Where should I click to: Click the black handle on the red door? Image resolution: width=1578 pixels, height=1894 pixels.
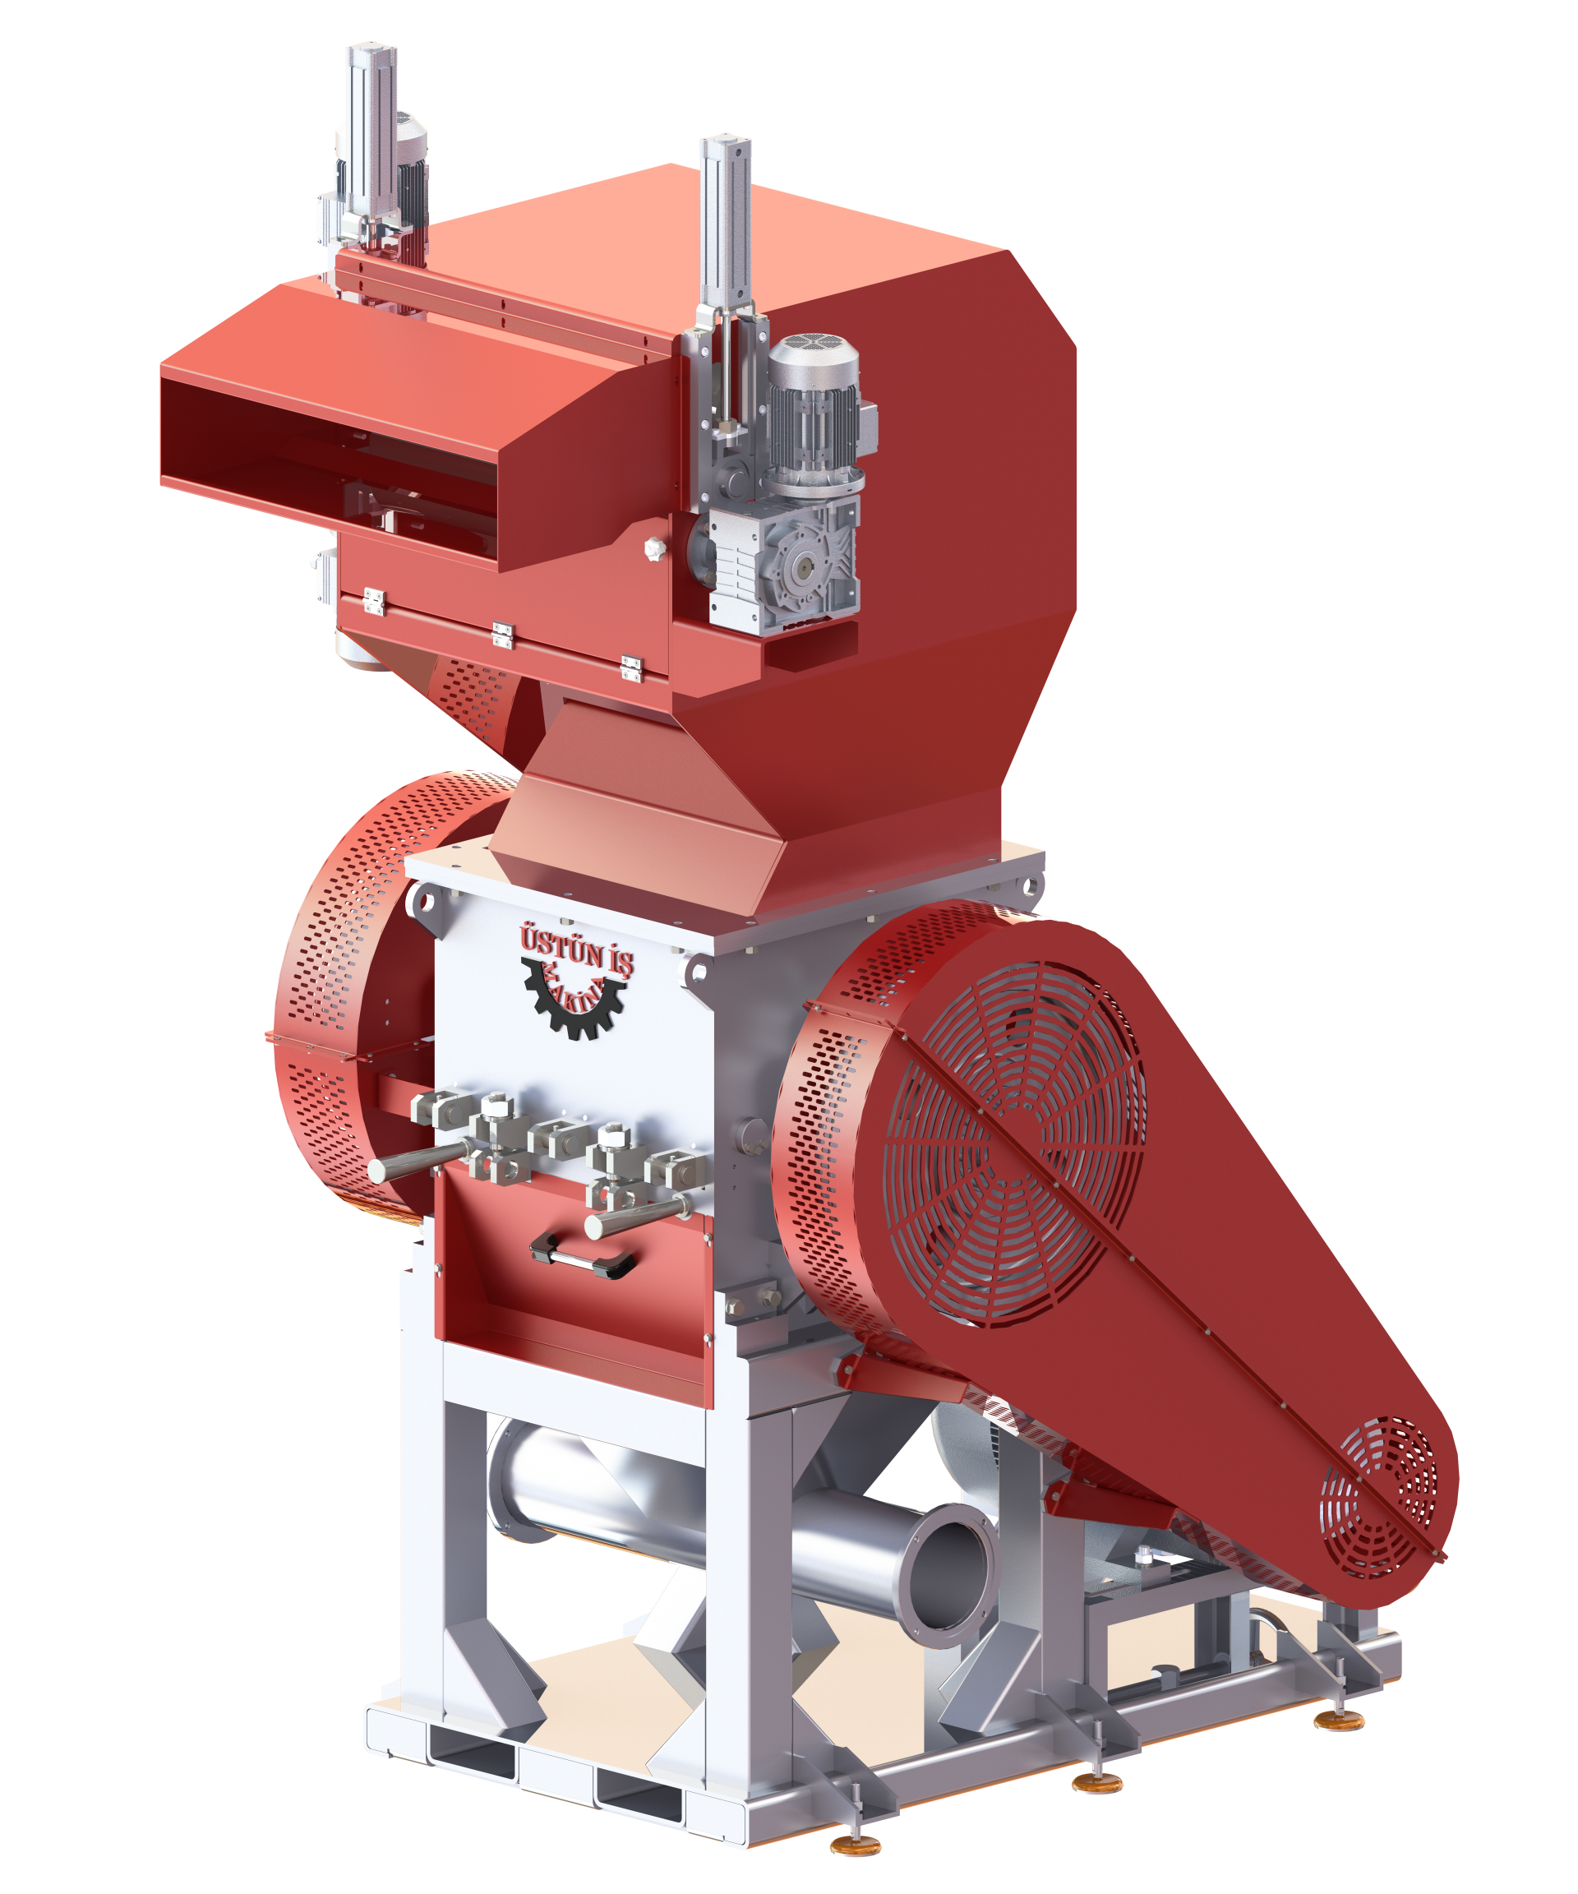[x=583, y=1254]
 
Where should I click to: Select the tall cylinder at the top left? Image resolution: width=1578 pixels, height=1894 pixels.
[x=371, y=136]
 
